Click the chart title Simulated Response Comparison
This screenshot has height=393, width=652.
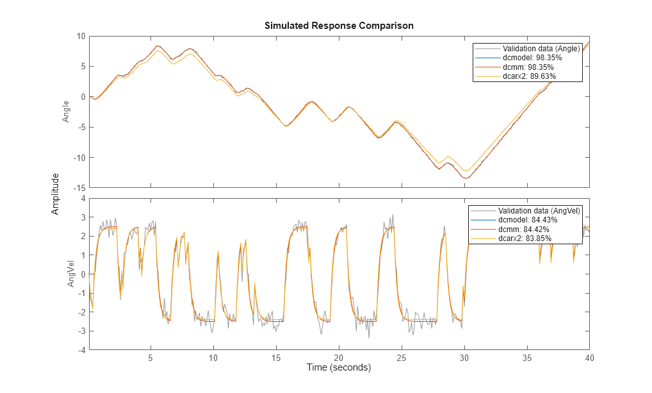tap(339, 26)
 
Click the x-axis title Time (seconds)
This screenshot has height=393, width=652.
tap(339, 368)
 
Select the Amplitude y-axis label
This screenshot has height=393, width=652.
tap(56, 193)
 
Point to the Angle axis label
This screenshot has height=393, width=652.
tap(66, 112)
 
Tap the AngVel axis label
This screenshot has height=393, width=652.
tap(72, 274)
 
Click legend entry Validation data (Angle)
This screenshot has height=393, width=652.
tap(541, 49)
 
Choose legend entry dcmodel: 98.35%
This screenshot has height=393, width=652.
tap(532, 58)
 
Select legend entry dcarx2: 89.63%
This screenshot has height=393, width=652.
tap(529, 76)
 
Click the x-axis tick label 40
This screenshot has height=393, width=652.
tap(590, 357)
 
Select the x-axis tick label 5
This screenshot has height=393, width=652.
tap(151, 357)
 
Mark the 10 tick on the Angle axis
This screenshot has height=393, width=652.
tap(81, 36)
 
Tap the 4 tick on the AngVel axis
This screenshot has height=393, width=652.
tap(83, 199)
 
